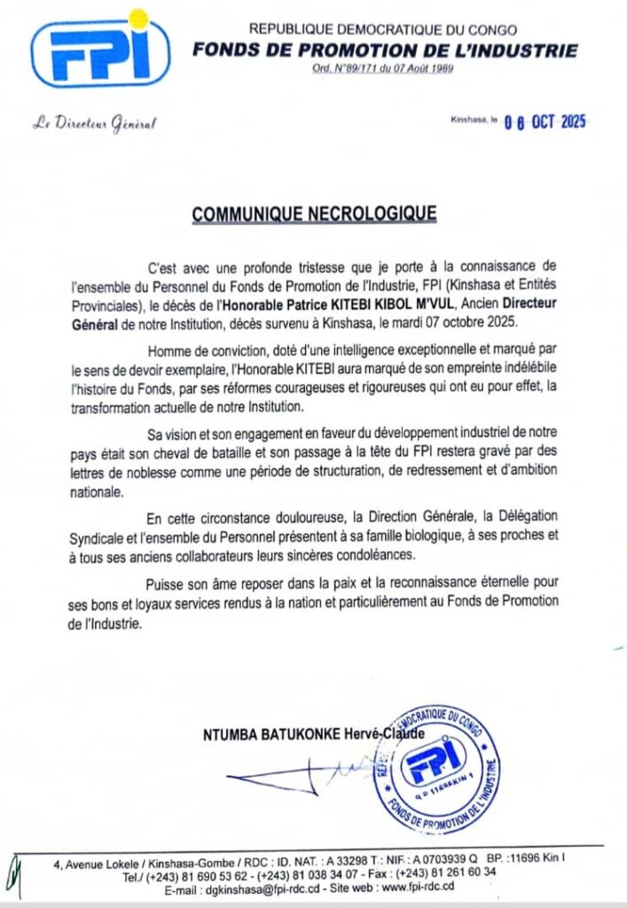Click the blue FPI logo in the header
coord(98,54)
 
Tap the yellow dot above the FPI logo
coord(138,17)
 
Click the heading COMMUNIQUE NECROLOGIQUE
coord(314,213)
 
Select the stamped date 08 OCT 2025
coord(545,122)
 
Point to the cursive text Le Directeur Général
coord(94,123)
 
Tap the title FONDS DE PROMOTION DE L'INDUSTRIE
coord(384,51)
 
